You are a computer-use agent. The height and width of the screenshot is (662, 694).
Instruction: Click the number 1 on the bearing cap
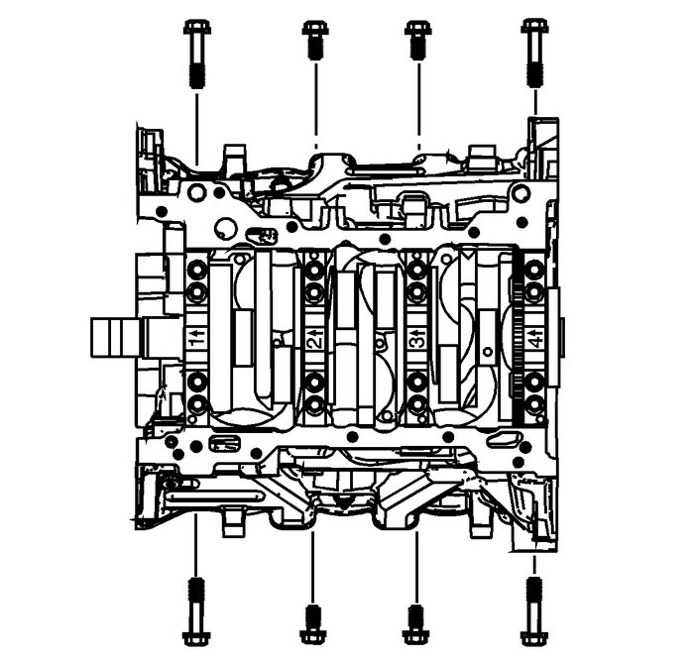click(x=195, y=342)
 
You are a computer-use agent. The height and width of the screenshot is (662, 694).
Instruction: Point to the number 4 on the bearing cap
click(x=534, y=342)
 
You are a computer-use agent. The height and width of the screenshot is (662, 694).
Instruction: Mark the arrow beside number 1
click(x=196, y=330)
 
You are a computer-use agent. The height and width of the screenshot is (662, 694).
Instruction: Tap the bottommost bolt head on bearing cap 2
click(x=314, y=403)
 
